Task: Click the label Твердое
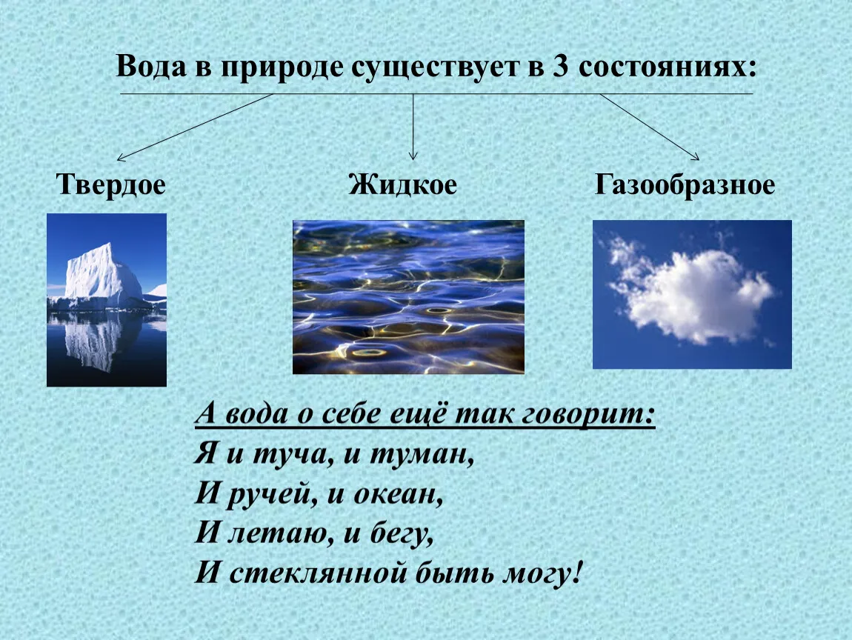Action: click(111, 184)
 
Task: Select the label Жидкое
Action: click(402, 184)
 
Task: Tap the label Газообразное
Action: click(685, 184)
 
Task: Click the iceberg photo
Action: click(107, 300)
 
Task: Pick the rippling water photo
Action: click(409, 297)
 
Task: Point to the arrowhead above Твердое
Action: click(121, 158)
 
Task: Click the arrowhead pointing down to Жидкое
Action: click(413, 156)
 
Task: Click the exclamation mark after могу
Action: click(576, 573)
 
